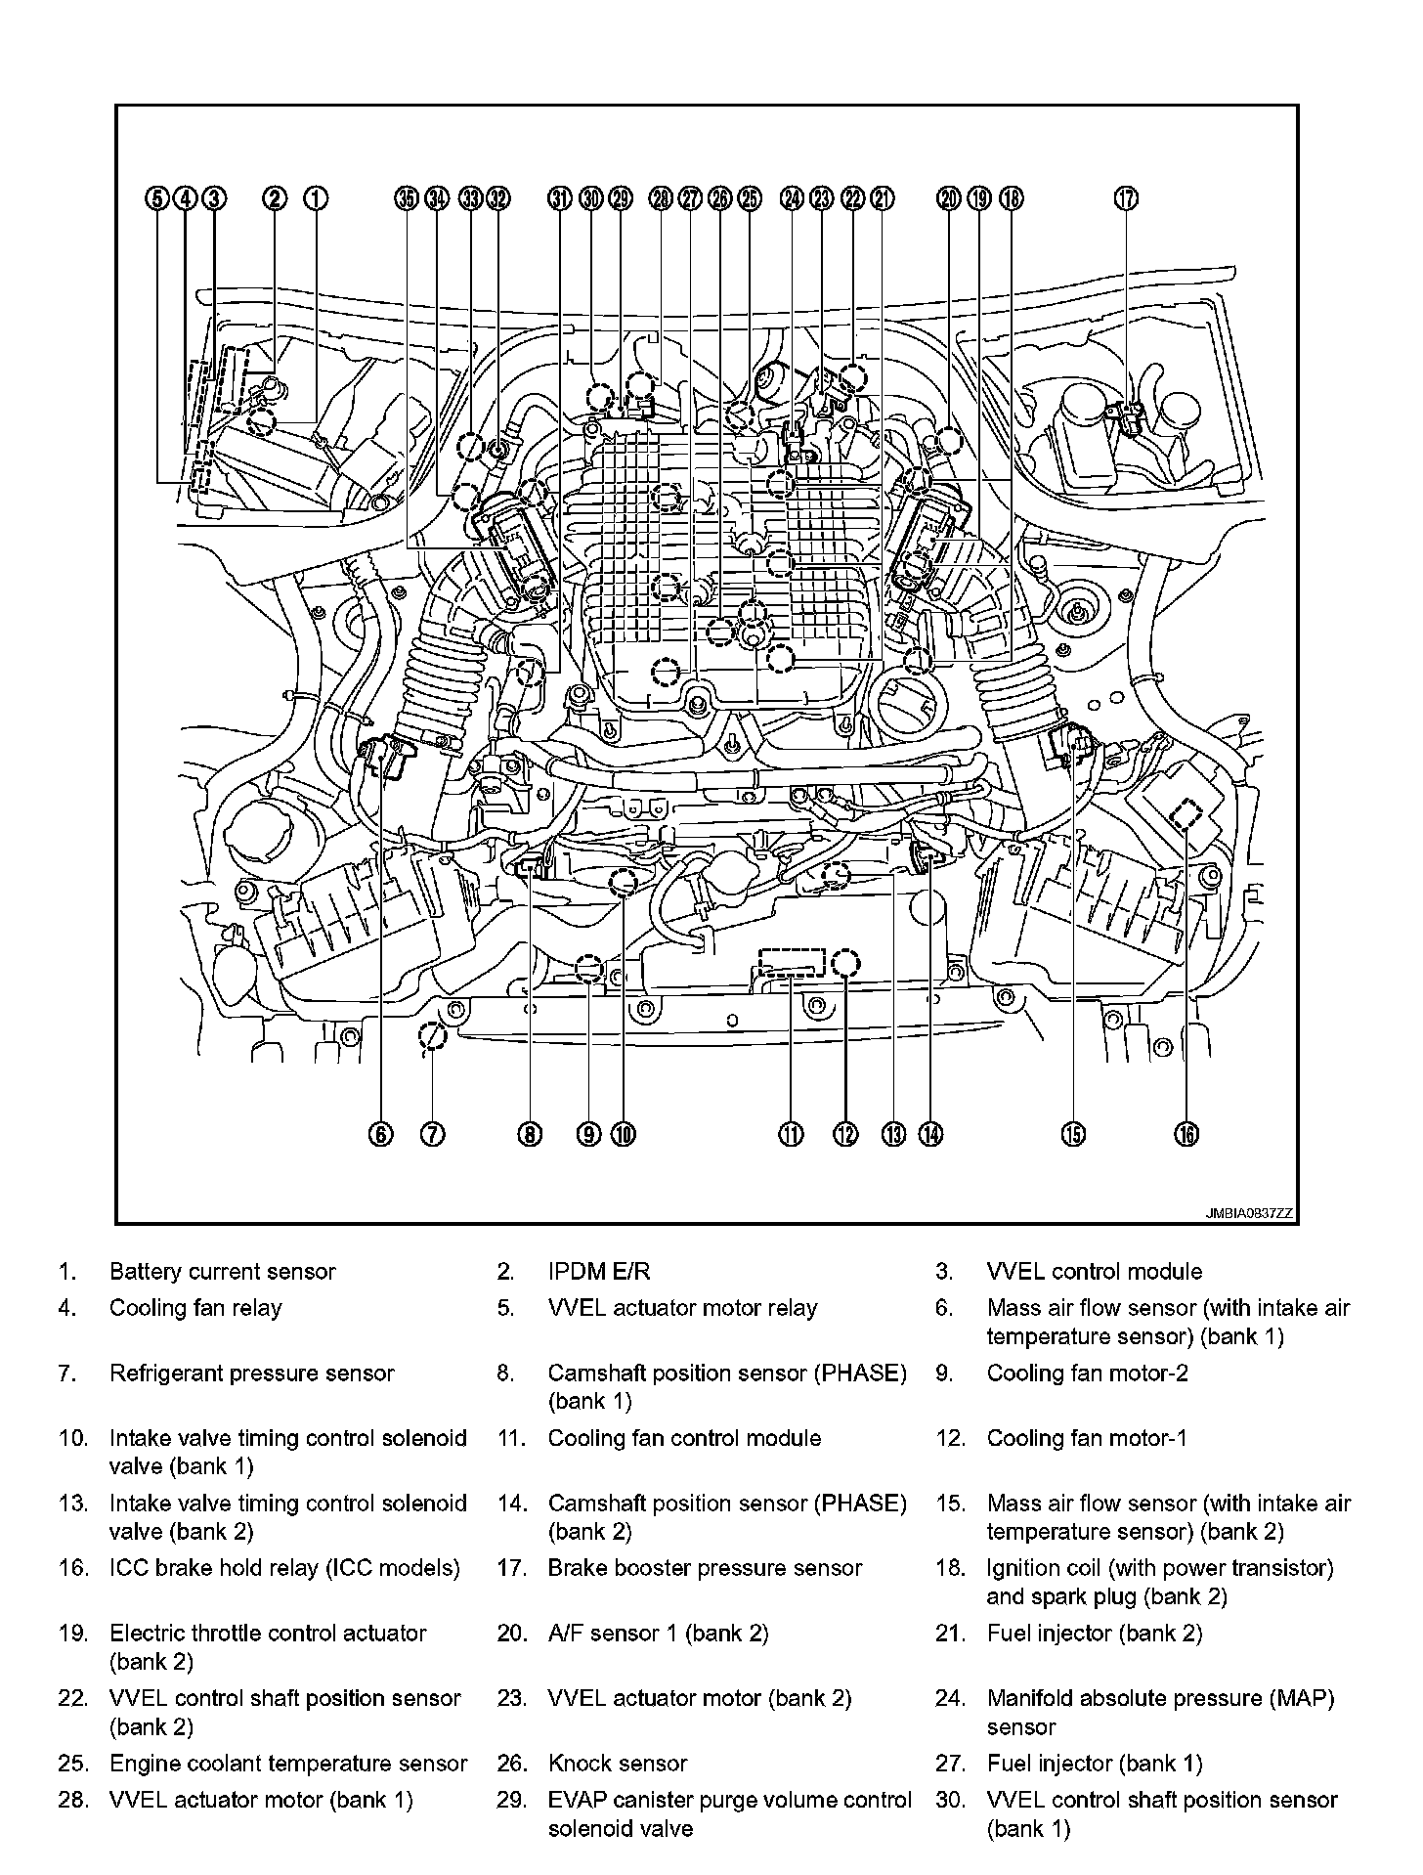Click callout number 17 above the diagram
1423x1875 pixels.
(1126, 198)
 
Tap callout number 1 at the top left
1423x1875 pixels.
(315, 198)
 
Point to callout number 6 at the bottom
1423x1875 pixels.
(379, 1134)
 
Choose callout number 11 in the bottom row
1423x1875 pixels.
(790, 1134)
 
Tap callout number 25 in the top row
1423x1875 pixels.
(750, 198)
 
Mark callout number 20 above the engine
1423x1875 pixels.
(949, 198)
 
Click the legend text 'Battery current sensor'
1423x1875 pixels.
(222, 1272)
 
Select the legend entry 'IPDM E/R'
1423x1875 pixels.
(598, 1272)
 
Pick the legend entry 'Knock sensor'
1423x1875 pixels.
(617, 1764)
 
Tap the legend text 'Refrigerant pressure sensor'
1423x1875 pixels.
(251, 1374)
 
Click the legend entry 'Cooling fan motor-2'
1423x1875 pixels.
(1087, 1374)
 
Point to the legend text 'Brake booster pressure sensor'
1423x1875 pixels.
(705, 1568)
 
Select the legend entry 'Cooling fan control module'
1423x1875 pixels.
(684, 1438)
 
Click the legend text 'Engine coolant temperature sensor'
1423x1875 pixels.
(288, 1764)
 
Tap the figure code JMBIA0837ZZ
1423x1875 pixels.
(1248, 1213)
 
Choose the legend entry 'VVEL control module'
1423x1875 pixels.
(1094, 1272)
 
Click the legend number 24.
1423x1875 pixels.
(949, 1699)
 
